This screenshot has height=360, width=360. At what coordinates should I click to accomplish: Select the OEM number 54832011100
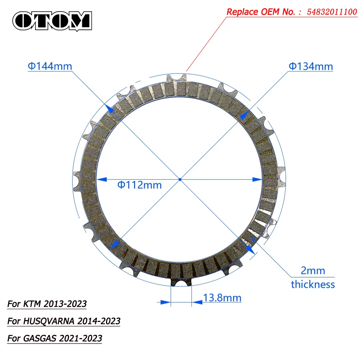[x=332, y=11]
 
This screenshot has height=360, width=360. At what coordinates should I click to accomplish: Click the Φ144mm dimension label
[x=50, y=66]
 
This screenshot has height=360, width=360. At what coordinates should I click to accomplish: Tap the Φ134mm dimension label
[x=311, y=66]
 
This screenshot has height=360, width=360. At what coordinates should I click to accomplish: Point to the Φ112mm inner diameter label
[x=139, y=185]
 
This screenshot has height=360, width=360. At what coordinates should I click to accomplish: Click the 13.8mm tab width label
[x=222, y=298]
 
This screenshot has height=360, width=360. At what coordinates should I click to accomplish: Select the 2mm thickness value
[x=313, y=271]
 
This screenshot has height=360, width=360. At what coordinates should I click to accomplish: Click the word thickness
[x=313, y=285]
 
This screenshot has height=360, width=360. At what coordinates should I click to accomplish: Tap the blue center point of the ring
[x=180, y=179]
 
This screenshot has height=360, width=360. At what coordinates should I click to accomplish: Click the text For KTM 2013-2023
[x=47, y=304]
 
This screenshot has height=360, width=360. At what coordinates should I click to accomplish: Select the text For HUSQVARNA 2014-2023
[x=64, y=321]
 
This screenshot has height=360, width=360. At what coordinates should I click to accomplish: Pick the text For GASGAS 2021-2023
[x=55, y=338]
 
